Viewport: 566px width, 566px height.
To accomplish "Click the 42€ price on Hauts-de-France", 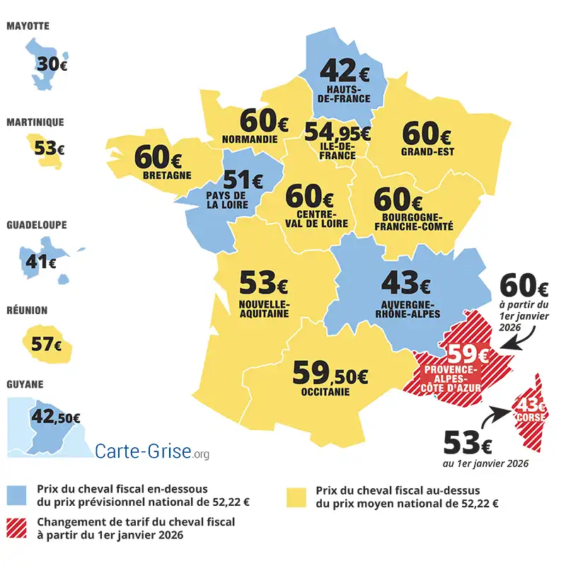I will pyautogui.click(x=345, y=71).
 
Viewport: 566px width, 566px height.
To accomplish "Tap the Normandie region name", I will pyautogui.click(x=249, y=139).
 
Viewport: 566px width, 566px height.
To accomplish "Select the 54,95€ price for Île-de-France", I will pyautogui.click(x=337, y=132).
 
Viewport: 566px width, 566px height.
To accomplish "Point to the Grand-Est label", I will pyautogui.click(x=427, y=151).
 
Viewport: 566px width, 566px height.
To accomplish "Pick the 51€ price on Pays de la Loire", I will pyautogui.click(x=243, y=180).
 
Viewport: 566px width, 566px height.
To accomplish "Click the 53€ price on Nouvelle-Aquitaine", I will pyautogui.click(x=263, y=284).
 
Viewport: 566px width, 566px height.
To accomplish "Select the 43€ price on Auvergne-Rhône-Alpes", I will pyautogui.click(x=405, y=284).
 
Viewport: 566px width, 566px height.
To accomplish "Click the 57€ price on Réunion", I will pyautogui.click(x=47, y=345).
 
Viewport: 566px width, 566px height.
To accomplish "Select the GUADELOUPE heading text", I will pyautogui.click(x=37, y=225).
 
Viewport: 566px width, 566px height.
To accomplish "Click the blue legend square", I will pyautogui.click(x=17, y=495).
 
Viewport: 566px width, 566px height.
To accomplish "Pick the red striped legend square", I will pyautogui.click(x=17, y=528).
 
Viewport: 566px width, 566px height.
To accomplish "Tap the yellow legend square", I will pyautogui.click(x=296, y=495).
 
